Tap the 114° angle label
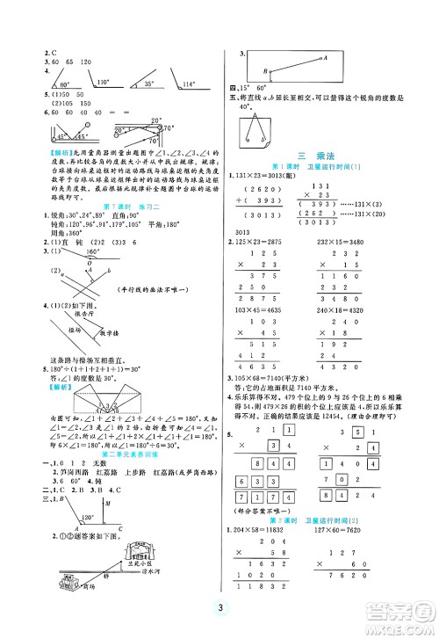[187, 84]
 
